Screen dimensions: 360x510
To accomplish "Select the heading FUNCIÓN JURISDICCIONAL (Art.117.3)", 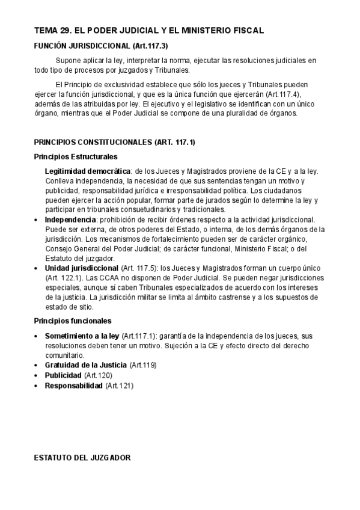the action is (100, 46).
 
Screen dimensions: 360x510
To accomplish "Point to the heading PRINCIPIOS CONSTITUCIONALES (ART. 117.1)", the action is (114, 143).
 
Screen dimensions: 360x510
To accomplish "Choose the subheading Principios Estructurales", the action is (75, 157).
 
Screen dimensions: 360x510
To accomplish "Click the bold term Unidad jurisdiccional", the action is (81, 268).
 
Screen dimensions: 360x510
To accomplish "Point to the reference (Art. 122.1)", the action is (64, 277).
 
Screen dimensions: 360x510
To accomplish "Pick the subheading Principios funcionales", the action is (72, 321).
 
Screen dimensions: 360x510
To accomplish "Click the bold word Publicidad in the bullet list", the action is (63, 375).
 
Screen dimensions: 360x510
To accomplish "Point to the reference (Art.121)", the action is (119, 386).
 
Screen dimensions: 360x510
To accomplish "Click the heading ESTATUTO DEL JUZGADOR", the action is (82, 458).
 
